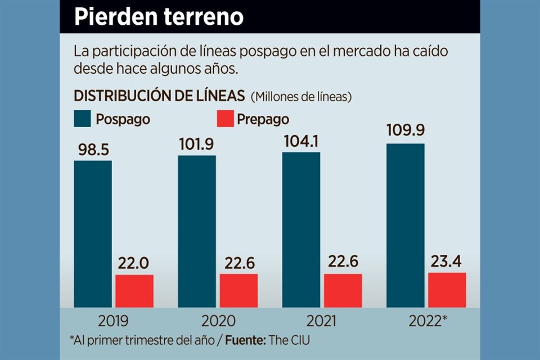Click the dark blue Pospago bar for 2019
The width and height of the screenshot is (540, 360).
(x=93, y=233)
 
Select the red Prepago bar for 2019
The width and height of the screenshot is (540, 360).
(x=134, y=291)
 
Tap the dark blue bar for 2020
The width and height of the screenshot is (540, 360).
(x=197, y=231)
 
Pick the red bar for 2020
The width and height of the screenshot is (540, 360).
(x=238, y=290)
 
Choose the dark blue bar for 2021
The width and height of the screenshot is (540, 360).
(x=301, y=229)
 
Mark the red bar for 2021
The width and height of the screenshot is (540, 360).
(x=343, y=290)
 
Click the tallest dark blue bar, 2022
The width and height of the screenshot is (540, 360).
(x=405, y=225)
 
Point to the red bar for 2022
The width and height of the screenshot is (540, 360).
(x=447, y=290)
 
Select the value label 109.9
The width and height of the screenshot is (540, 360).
(x=405, y=131)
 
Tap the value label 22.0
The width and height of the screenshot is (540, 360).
(x=134, y=263)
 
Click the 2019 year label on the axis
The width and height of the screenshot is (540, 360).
(x=113, y=321)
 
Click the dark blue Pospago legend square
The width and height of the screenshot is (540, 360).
(x=82, y=119)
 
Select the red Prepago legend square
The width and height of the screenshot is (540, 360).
(x=224, y=119)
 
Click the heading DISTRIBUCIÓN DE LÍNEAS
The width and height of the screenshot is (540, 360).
(x=159, y=96)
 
